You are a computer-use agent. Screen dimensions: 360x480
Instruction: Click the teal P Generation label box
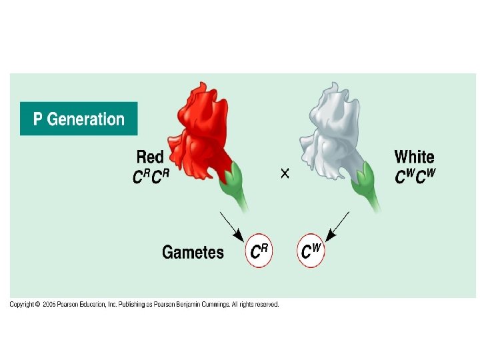tap(79, 119)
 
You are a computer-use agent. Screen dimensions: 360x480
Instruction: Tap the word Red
tap(150, 157)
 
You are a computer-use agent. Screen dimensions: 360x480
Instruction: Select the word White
tap(414, 157)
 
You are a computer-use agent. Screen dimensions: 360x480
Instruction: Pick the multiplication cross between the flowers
tap(285, 173)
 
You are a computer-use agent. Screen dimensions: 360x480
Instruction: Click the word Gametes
tap(193, 252)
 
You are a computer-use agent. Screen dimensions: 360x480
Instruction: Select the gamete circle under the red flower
tap(259, 251)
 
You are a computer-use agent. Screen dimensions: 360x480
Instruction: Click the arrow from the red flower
tap(231, 225)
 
